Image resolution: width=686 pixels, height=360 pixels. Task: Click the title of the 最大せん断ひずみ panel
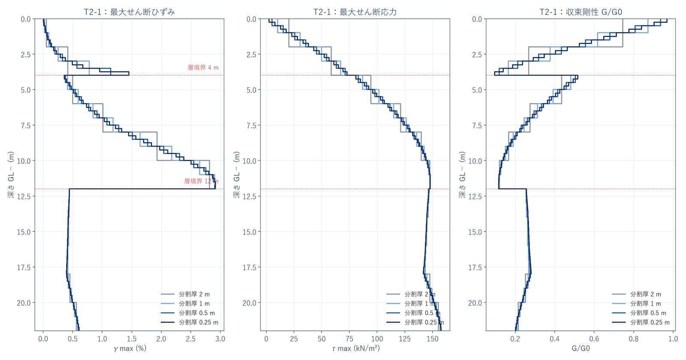[x=129, y=12]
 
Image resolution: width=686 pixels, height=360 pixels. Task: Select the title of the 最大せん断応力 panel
[x=355, y=12]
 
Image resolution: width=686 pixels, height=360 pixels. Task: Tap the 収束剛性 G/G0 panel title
[x=581, y=12]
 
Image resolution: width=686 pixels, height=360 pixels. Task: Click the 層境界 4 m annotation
[x=203, y=67]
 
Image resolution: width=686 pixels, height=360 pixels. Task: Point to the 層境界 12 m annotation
[x=201, y=181]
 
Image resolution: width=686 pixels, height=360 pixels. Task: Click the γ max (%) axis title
[x=130, y=348]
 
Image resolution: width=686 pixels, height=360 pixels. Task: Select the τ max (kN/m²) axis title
[x=355, y=348]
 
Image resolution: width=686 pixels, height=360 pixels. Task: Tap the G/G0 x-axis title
[x=581, y=348]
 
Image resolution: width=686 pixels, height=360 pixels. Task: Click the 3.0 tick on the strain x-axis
[x=220, y=339]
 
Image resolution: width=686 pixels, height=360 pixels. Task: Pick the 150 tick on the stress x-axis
[x=433, y=339]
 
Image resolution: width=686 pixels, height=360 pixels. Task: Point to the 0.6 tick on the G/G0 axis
[x=594, y=339]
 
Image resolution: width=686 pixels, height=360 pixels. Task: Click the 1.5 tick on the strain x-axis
[x=132, y=339]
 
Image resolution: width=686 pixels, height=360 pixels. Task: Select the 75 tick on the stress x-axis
[x=349, y=339]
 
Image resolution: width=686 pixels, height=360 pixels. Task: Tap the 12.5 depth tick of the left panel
[x=24, y=196]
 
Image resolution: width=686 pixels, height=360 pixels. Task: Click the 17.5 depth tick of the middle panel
[x=249, y=267]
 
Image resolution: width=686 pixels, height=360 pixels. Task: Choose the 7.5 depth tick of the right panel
[x=477, y=125]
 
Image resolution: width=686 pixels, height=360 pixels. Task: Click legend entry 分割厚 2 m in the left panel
[x=185, y=294]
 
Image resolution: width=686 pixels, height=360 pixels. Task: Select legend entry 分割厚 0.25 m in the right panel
[x=641, y=322]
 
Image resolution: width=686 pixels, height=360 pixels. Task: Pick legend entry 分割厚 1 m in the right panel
[x=636, y=304]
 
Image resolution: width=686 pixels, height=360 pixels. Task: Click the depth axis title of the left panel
[x=11, y=174]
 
